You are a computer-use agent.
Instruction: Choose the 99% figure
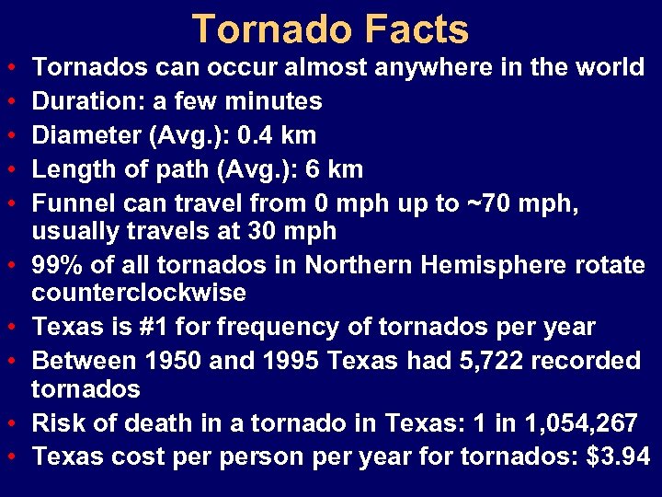pyautogui.click(x=58, y=265)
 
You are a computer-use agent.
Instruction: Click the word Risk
pyautogui.click(x=57, y=423)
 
